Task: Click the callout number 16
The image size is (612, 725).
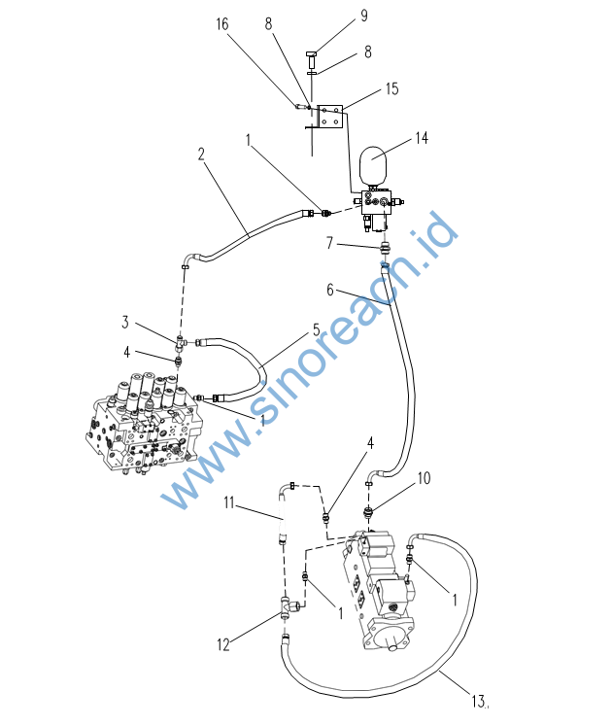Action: [221, 24]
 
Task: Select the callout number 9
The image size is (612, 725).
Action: [364, 16]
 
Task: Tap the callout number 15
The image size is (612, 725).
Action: [392, 88]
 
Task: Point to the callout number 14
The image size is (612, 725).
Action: [422, 138]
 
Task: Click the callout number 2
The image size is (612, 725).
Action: [201, 154]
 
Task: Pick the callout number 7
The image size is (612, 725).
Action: [329, 243]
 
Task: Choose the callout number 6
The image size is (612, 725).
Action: [330, 290]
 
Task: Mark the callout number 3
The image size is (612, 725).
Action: [125, 322]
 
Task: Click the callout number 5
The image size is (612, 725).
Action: [316, 330]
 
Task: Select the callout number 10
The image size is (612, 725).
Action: [424, 478]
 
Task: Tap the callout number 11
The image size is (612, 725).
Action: [229, 502]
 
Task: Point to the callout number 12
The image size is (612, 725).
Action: [223, 644]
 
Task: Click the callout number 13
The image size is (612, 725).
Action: [478, 701]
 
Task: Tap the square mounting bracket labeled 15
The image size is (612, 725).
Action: [330, 117]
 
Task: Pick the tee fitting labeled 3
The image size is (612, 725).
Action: [180, 343]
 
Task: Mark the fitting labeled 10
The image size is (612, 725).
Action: [368, 512]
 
